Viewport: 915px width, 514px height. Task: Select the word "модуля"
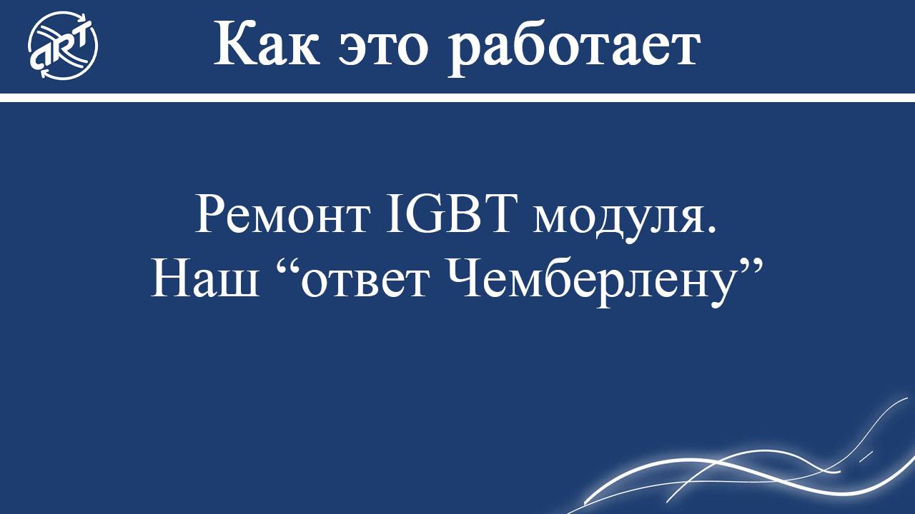click(615, 217)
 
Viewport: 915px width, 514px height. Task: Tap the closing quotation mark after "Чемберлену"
click(749, 268)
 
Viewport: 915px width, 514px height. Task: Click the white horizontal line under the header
click(457, 97)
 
